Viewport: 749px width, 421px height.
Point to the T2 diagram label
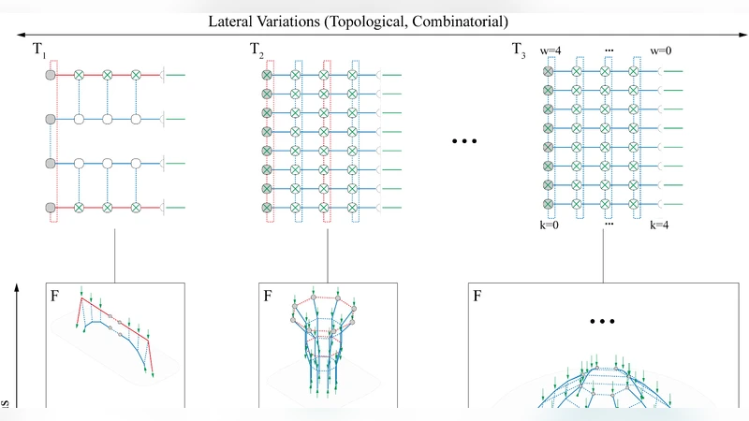(x=258, y=49)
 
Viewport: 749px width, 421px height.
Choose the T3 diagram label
(x=519, y=49)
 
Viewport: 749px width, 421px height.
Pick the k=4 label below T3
(x=661, y=226)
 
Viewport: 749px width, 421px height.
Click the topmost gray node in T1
(x=51, y=74)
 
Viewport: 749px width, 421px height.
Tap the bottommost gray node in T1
(x=51, y=207)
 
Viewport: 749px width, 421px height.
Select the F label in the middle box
(x=269, y=298)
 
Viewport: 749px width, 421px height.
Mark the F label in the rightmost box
(x=479, y=298)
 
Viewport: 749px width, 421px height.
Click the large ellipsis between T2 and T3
(x=464, y=141)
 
